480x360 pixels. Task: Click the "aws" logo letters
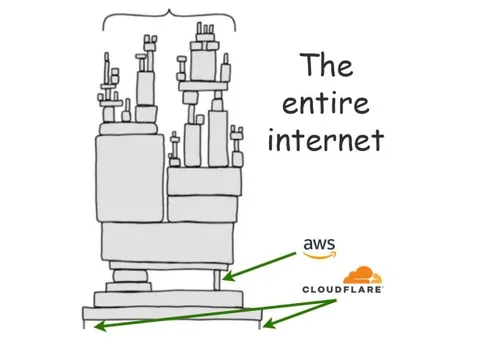[x=316, y=244]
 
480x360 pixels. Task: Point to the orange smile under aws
[x=316, y=255]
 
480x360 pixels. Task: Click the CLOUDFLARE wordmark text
[x=342, y=291]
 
